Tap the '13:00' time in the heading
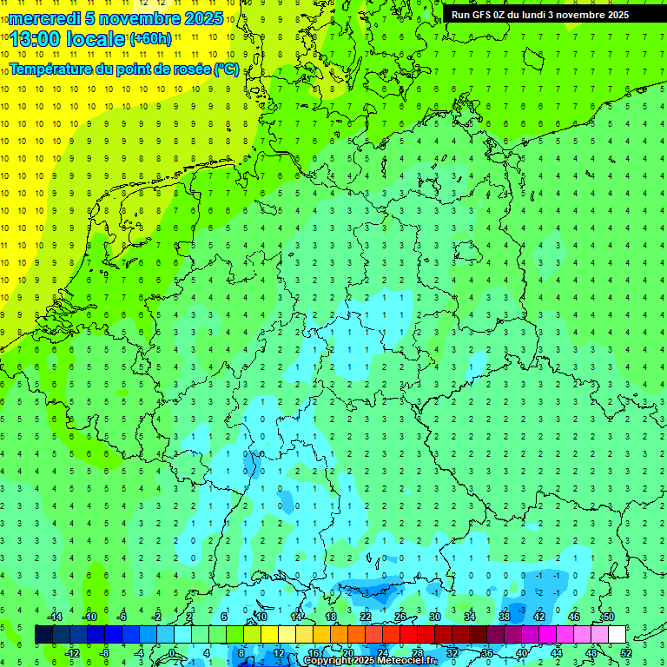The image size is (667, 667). [35, 39]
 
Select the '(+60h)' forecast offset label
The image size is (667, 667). [150, 39]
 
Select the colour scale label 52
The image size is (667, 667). [625, 652]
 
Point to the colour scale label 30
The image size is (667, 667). [435, 617]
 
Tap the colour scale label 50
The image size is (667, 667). [608, 617]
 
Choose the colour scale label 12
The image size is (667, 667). [279, 652]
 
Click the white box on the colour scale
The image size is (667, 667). [617, 634]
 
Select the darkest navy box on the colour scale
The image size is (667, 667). [43, 634]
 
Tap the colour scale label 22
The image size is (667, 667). [366, 617]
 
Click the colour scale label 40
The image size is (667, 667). [521, 652]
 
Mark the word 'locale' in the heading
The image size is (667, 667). [96, 39]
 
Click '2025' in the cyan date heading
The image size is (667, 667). [203, 18]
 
